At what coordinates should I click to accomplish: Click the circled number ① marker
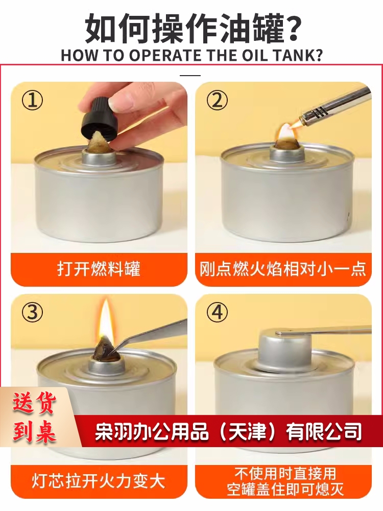pyautogui.click(x=32, y=100)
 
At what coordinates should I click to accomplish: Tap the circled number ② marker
pyautogui.click(x=217, y=100)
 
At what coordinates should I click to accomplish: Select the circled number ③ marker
pyautogui.click(x=32, y=312)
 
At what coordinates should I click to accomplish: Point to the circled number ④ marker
pyautogui.click(x=217, y=312)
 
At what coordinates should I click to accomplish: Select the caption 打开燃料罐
pyautogui.click(x=99, y=269)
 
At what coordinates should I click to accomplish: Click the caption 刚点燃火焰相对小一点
pyautogui.click(x=283, y=269)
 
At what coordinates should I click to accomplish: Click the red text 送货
pyautogui.click(x=35, y=404)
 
